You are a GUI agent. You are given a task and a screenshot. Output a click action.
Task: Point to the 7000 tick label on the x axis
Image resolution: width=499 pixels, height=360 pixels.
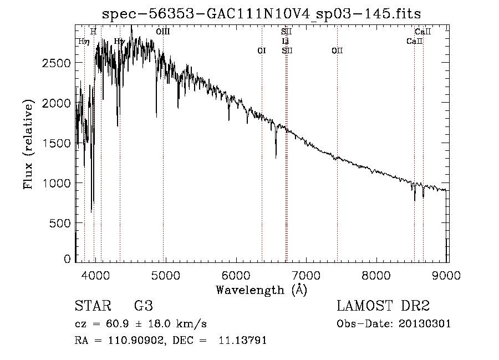coord(307,275)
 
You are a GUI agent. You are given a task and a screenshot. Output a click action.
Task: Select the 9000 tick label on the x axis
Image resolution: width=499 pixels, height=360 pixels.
coord(447,275)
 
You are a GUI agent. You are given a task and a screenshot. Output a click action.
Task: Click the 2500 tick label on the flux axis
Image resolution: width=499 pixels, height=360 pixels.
coord(56,63)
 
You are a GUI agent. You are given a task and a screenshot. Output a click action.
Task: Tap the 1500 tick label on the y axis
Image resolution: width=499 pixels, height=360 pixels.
coord(56,143)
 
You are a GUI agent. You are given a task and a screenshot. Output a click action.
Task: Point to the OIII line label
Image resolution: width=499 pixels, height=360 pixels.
coord(163,32)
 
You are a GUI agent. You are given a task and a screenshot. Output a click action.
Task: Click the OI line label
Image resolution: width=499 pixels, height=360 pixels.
coord(262,50)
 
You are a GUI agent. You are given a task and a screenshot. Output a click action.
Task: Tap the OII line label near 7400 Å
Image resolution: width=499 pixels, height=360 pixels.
coord(337,50)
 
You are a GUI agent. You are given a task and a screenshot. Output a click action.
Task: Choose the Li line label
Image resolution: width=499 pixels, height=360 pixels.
coord(286,41)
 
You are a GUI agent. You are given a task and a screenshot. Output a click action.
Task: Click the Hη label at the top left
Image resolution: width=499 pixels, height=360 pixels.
coord(84,41)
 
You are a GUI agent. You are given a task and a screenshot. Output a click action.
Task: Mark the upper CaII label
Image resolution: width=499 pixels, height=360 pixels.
coord(423,32)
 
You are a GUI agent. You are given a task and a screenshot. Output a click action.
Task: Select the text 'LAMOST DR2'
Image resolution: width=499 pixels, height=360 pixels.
coord(383,306)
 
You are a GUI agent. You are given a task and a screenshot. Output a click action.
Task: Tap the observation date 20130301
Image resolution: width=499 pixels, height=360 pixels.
coord(425,324)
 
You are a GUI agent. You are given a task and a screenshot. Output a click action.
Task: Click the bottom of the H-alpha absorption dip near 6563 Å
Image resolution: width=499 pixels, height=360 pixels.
coord(276,157)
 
